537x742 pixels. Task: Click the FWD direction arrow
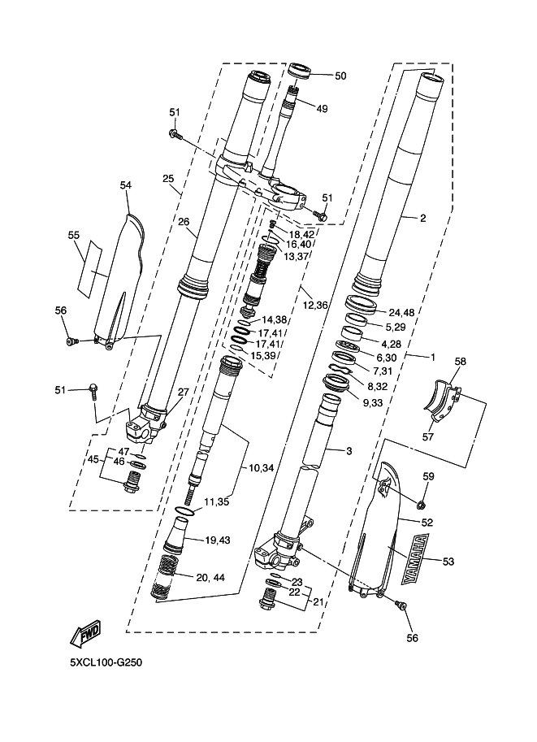(x=85, y=634)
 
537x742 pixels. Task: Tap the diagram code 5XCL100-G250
(x=106, y=662)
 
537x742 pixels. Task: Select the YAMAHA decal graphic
(x=415, y=558)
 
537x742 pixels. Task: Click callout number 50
(x=340, y=76)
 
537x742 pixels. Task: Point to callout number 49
(x=322, y=109)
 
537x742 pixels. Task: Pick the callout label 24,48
(x=401, y=312)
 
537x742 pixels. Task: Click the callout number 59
(x=428, y=476)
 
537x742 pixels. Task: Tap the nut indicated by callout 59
(x=420, y=505)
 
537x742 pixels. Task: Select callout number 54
(x=125, y=185)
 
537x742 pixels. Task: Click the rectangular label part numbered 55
(x=90, y=270)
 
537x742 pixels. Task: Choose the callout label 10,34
(x=261, y=468)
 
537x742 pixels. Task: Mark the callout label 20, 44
(x=210, y=577)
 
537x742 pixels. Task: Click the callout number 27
(x=183, y=393)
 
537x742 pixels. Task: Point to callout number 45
(x=93, y=459)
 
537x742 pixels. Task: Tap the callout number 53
(x=448, y=562)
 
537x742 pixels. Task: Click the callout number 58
(x=460, y=362)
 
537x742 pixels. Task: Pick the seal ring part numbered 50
(x=300, y=72)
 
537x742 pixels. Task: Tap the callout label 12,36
(x=315, y=306)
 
